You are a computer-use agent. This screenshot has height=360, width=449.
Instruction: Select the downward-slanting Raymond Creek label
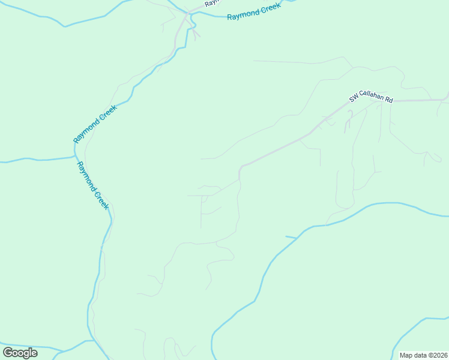92,185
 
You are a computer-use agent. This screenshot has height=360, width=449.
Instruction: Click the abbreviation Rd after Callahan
389,100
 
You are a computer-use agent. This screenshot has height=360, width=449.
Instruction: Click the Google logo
20,352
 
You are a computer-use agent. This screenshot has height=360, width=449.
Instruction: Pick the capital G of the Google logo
8,352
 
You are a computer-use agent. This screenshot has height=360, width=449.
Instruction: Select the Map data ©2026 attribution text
423,355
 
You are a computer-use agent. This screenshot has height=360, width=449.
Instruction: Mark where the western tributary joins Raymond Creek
75,158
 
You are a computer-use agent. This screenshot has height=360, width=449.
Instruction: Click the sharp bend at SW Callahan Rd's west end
240,167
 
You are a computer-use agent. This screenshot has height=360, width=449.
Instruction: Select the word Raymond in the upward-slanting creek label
86,131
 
